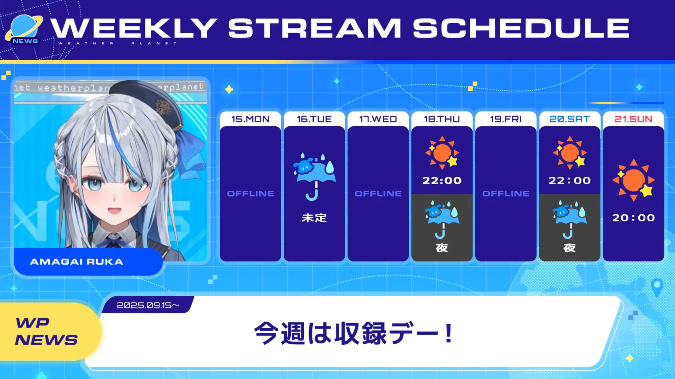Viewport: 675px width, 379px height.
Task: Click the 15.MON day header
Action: click(x=250, y=119)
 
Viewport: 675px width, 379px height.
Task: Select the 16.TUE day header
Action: click(x=314, y=119)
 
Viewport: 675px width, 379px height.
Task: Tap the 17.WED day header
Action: click(x=378, y=119)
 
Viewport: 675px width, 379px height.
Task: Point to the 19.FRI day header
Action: click(x=506, y=119)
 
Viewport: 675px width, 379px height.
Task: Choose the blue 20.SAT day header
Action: click(x=569, y=119)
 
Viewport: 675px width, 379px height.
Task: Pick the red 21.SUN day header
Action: click(x=633, y=119)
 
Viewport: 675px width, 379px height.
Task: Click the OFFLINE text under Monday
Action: click(x=250, y=193)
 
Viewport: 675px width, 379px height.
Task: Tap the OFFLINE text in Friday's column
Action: click(x=506, y=193)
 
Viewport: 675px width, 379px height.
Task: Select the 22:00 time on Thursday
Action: click(x=442, y=181)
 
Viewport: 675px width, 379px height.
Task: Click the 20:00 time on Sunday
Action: click(x=633, y=218)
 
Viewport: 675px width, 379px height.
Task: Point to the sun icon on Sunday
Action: click(x=634, y=180)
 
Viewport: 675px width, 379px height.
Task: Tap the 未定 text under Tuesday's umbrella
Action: click(x=314, y=218)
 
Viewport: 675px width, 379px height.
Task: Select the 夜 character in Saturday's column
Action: click(x=569, y=248)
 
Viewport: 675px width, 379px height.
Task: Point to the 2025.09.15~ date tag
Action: click(x=148, y=305)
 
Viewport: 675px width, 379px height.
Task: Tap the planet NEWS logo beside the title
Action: click(x=24, y=30)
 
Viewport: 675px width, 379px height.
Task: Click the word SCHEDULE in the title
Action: click(x=521, y=28)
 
